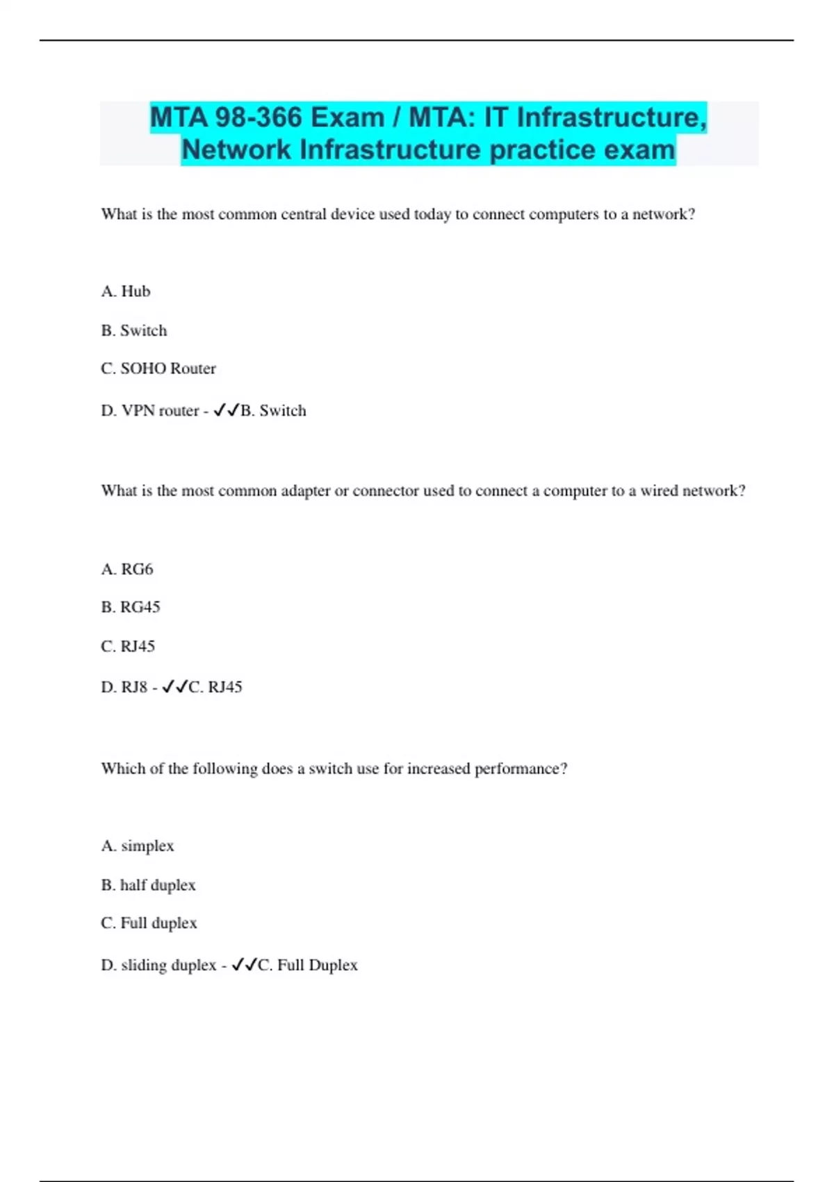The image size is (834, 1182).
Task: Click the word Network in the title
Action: (236, 149)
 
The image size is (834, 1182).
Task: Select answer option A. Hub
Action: (126, 291)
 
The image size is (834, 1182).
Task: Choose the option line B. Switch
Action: (134, 330)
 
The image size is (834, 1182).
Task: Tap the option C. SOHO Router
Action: (158, 369)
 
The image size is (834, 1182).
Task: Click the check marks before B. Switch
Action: (226, 410)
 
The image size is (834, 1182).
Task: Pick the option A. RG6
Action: (127, 569)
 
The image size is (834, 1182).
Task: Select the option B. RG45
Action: (131, 607)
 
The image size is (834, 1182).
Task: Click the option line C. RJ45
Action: (128, 647)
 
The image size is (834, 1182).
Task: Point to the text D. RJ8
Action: (124, 687)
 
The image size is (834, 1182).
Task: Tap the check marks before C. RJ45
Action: (174, 687)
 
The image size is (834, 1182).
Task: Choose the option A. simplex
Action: (138, 846)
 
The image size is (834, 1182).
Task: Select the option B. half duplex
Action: (148, 885)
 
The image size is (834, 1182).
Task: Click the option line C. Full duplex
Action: (149, 923)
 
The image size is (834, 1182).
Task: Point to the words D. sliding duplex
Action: (158, 965)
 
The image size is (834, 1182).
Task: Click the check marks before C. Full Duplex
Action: (244, 965)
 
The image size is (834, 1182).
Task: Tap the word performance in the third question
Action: (520, 769)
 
